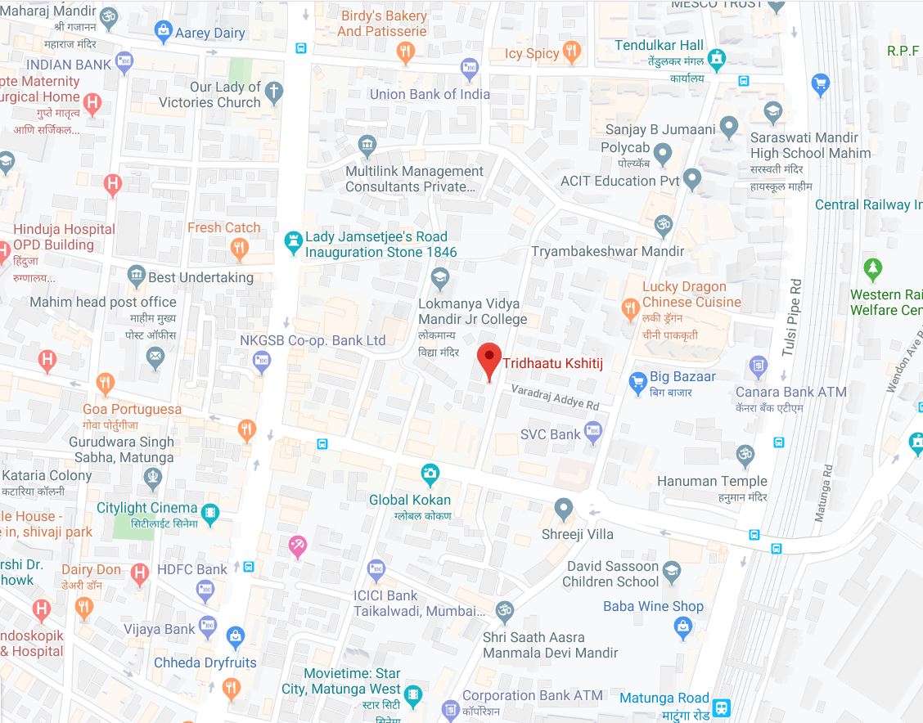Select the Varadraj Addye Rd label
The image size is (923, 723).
pyautogui.click(x=555, y=397)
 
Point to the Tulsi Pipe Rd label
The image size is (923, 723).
pyautogui.click(x=789, y=317)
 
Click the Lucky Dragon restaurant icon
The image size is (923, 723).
pyautogui.click(x=629, y=308)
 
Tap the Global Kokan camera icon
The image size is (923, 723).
pyautogui.click(x=430, y=473)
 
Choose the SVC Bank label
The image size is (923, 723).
pyautogui.click(x=550, y=434)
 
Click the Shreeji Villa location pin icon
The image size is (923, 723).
pyautogui.click(x=563, y=509)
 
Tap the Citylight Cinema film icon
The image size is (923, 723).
pyautogui.click(x=210, y=514)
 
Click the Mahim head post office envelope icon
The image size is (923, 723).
pyautogui.click(x=155, y=356)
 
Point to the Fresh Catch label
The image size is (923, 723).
pyautogui.click(x=223, y=228)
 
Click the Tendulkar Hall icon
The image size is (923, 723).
pyautogui.click(x=717, y=57)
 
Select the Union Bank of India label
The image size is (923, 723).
pyautogui.click(x=430, y=94)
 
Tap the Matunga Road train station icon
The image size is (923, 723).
pyautogui.click(x=721, y=707)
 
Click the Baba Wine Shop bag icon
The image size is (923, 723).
pyautogui.click(x=682, y=627)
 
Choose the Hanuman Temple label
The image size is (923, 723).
pyautogui.click(x=712, y=481)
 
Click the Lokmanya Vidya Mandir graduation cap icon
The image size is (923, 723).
pyautogui.click(x=440, y=277)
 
